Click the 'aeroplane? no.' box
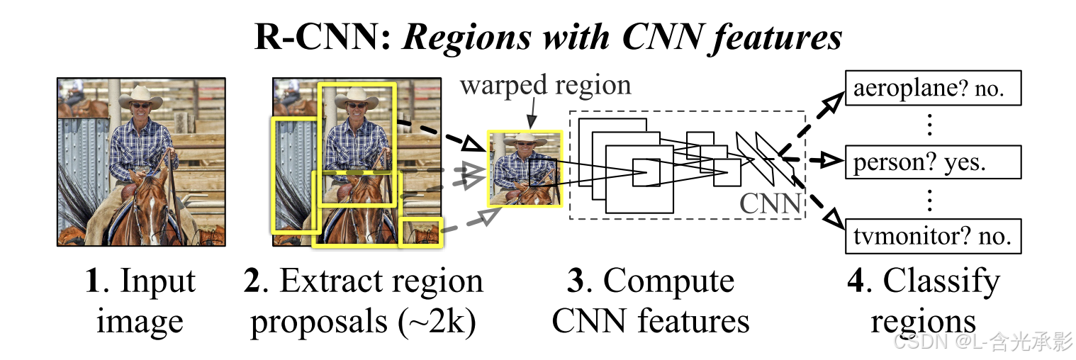(x=933, y=89)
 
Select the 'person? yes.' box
(x=933, y=162)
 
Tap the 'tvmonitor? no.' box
(x=933, y=236)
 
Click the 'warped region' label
(x=545, y=86)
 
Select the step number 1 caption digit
(x=91, y=282)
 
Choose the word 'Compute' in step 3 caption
(x=668, y=282)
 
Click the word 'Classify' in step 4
(x=941, y=282)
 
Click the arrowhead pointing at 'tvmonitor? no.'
(x=834, y=223)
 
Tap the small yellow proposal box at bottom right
(x=420, y=232)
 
